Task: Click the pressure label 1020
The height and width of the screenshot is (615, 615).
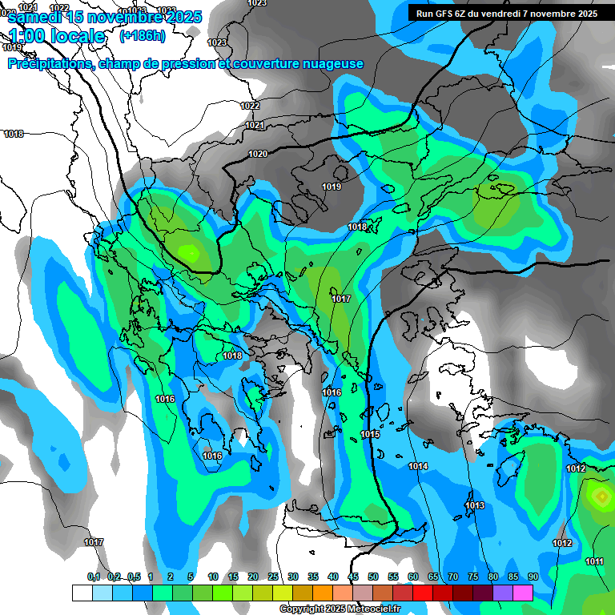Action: click(x=257, y=154)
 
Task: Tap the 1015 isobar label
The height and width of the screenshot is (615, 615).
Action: click(x=369, y=434)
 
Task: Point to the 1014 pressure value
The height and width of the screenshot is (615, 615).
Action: click(x=418, y=466)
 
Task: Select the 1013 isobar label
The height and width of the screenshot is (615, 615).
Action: click(x=475, y=505)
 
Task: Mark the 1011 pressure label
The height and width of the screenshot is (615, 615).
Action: click(x=594, y=561)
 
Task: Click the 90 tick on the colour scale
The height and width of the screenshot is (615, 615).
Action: click(x=533, y=577)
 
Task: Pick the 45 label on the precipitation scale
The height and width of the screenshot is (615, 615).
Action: click(x=353, y=577)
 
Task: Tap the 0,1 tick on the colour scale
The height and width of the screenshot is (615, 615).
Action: click(x=94, y=577)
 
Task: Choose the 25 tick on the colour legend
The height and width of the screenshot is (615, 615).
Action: click(x=273, y=577)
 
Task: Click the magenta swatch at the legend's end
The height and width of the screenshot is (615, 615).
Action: click(x=523, y=593)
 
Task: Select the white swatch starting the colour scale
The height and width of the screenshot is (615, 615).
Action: click(x=82, y=593)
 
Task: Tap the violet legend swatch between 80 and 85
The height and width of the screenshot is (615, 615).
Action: click(x=503, y=593)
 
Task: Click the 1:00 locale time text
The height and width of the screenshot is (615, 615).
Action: click(x=56, y=36)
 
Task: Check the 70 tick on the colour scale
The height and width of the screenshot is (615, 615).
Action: click(x=453, y=577)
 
